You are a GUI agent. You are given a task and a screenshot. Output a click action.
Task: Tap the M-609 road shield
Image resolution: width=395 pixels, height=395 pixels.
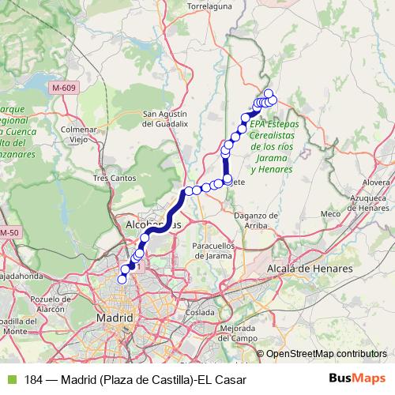click(x=60, y=86)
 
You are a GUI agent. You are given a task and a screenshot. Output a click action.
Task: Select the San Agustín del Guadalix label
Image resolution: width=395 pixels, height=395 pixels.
click(x=164, y=118)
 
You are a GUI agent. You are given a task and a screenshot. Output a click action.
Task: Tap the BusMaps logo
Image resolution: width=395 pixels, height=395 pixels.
click(x=357, y=379)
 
